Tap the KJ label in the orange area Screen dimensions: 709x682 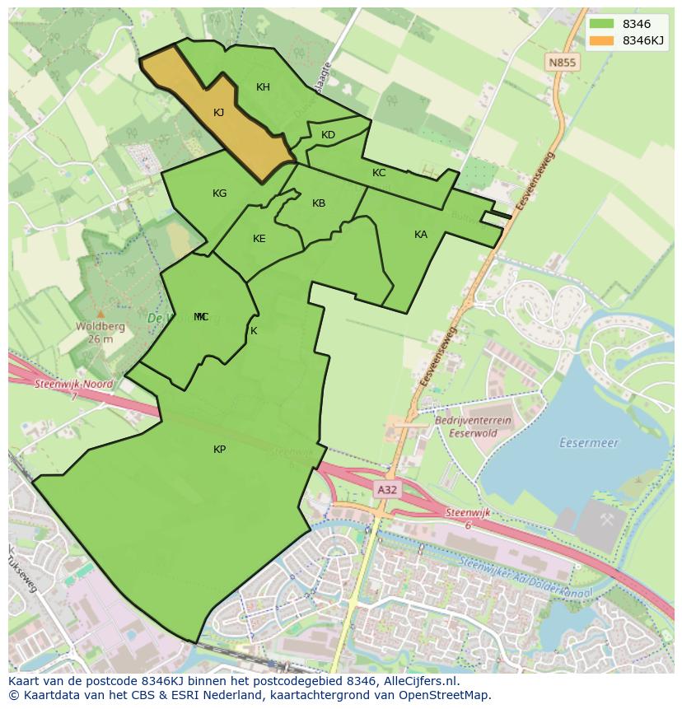(x=218, y=113)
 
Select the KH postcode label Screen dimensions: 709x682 (x=263, y=87)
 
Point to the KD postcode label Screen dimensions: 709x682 (x=328, y=135)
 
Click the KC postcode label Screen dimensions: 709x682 (x=379, y=173)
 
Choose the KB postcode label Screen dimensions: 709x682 (x=319, y=203)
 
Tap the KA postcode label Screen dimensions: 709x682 (x=421, y=235)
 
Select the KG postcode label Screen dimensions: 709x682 (x=219, y=194)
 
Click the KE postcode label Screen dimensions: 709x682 (x=259, y=239)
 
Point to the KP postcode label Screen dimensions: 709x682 (x=219, y=450)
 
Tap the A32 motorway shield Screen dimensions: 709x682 (x=386, y=489)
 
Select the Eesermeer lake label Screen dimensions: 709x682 (x=588, y=443)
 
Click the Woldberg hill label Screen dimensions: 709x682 (x=100, y=326)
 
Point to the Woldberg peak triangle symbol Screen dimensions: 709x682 (x=100, y=314)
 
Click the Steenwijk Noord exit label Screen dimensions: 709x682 (x=73, y=385)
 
